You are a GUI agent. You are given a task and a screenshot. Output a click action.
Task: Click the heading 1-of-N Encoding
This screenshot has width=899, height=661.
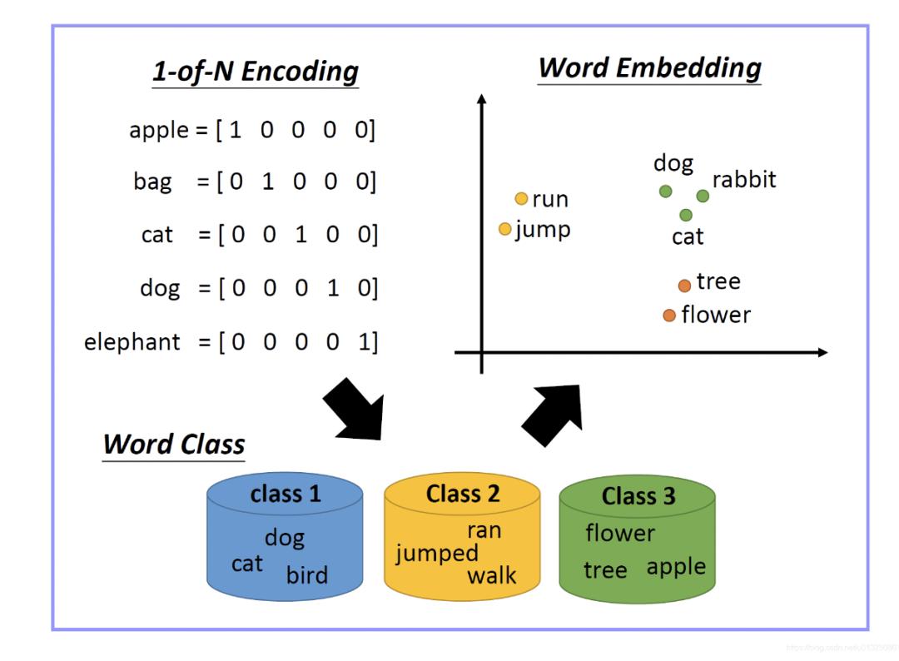pyautogui.click(x=255, y=72)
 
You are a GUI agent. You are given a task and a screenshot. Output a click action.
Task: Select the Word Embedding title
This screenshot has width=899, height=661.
pyautogui.click(x=649, y=67)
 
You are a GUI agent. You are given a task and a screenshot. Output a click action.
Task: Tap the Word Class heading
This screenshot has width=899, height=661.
pyautogui.click(x=173, y=445)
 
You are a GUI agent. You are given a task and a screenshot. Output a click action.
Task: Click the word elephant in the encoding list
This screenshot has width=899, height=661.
pyautogui.click(x=132, y=342)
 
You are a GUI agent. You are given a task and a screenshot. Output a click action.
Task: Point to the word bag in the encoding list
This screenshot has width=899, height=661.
pyautogui.click(x=152, y=182)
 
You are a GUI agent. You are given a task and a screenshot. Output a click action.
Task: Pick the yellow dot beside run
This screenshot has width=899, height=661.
pyautogui.click(x=522, y=199)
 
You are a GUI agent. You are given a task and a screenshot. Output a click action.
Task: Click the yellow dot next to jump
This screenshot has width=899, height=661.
pyautogui.click(x=505, y=229)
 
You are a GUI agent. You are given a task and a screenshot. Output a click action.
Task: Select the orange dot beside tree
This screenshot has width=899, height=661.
pyautogui.click(x=684, y=286)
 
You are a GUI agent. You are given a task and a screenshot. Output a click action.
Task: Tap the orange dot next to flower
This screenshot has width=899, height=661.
pyautogui.click(x=669, y=316)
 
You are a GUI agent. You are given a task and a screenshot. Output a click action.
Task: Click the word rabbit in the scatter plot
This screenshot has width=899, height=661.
pyautogui.click(x=743, y=179)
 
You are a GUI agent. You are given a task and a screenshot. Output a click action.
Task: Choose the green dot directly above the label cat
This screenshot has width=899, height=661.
pyautogui.click(x=686, y=215)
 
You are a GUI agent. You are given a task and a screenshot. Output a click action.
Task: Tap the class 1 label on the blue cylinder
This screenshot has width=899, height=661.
pyautogui.click(x=286, y=494)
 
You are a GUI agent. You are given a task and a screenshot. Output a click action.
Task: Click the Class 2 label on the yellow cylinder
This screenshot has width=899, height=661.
pyautogui.click(x=463, y=494)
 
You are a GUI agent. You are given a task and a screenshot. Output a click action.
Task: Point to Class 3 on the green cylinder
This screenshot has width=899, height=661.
pyautogui.click(x=638, y=496)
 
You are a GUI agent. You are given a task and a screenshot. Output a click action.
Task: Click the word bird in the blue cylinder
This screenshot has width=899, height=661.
pyautogui.click(x=307, y=575)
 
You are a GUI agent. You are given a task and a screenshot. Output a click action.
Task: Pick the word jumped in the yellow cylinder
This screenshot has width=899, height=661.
pyautogui.click(x=437, y=553)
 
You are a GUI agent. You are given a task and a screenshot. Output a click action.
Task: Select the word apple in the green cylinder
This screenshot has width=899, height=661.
pyautogui.click(x=676, y=568)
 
